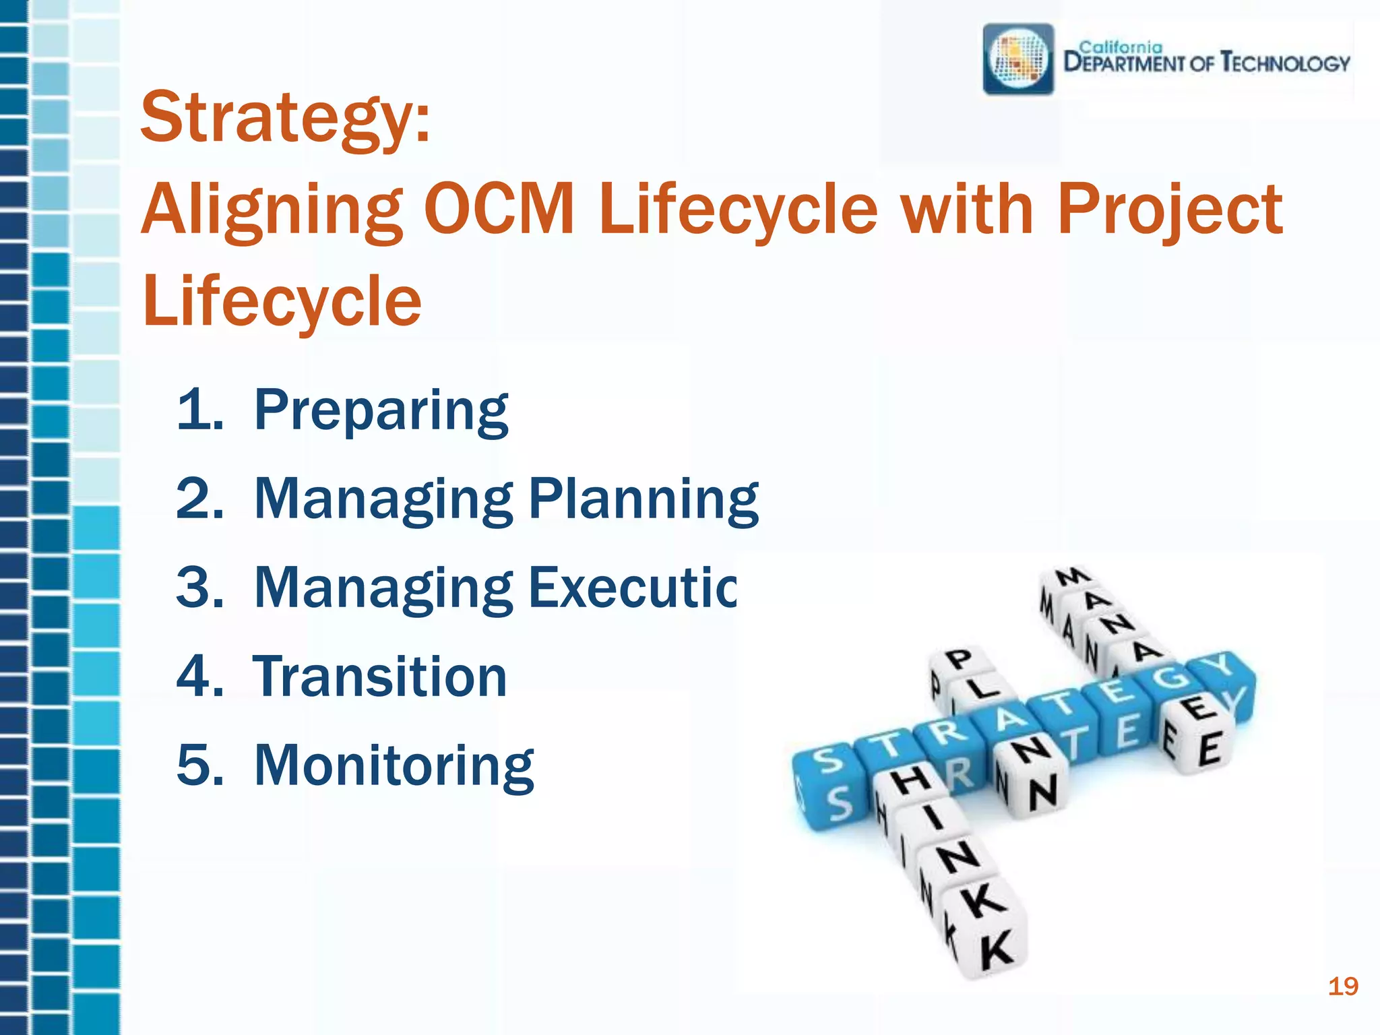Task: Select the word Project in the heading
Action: pyautogui.click(x=1169, y=210)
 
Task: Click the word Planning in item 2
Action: pyautogui.click(x=644, y=500)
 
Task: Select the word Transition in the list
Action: pyautogui.click(x=379, y=677)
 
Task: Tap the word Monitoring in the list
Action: pyautogui.click(x=394, y=766)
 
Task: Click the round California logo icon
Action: pyautogui.click(x=1018, y=59)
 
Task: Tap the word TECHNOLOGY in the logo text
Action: pyautogui.click(x=1285, y=63)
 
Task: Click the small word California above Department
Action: pyautogui.click(x=1121, y=48)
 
